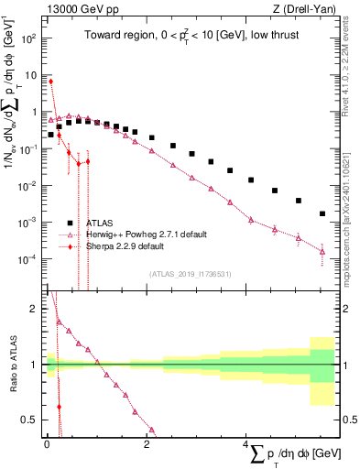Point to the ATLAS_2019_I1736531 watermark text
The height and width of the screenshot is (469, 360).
coord(191,273)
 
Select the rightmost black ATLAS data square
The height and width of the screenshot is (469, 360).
coord(322,213)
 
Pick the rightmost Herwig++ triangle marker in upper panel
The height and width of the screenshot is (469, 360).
coord(322,251)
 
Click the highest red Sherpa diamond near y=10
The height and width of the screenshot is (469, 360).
coord(51,82)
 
